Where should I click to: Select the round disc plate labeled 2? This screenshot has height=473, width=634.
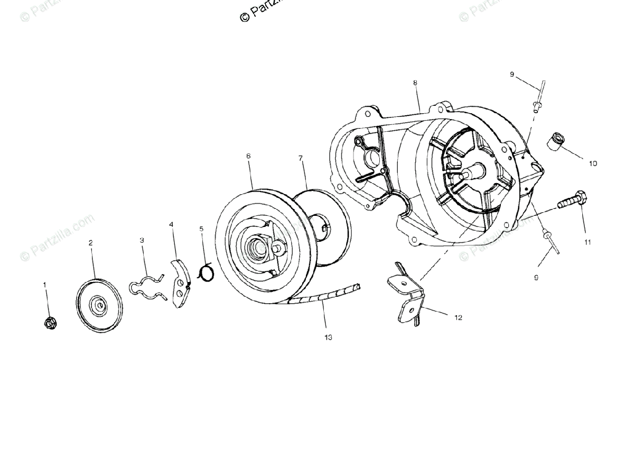point(99,305)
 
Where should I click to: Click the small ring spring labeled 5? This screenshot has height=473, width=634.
point(206,272)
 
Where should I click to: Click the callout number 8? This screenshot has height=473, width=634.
point(415,83)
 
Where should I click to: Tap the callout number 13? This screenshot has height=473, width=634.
point(329,337)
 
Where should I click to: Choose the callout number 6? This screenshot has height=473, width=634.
point(248,156)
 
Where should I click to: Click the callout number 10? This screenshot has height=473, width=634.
point(593,163)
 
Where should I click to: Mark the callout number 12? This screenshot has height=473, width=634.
point(458,317)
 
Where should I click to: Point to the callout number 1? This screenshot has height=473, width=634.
point(45,285)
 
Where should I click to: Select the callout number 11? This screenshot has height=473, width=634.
point(588,242)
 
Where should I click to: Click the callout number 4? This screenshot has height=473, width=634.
point(171,224)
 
